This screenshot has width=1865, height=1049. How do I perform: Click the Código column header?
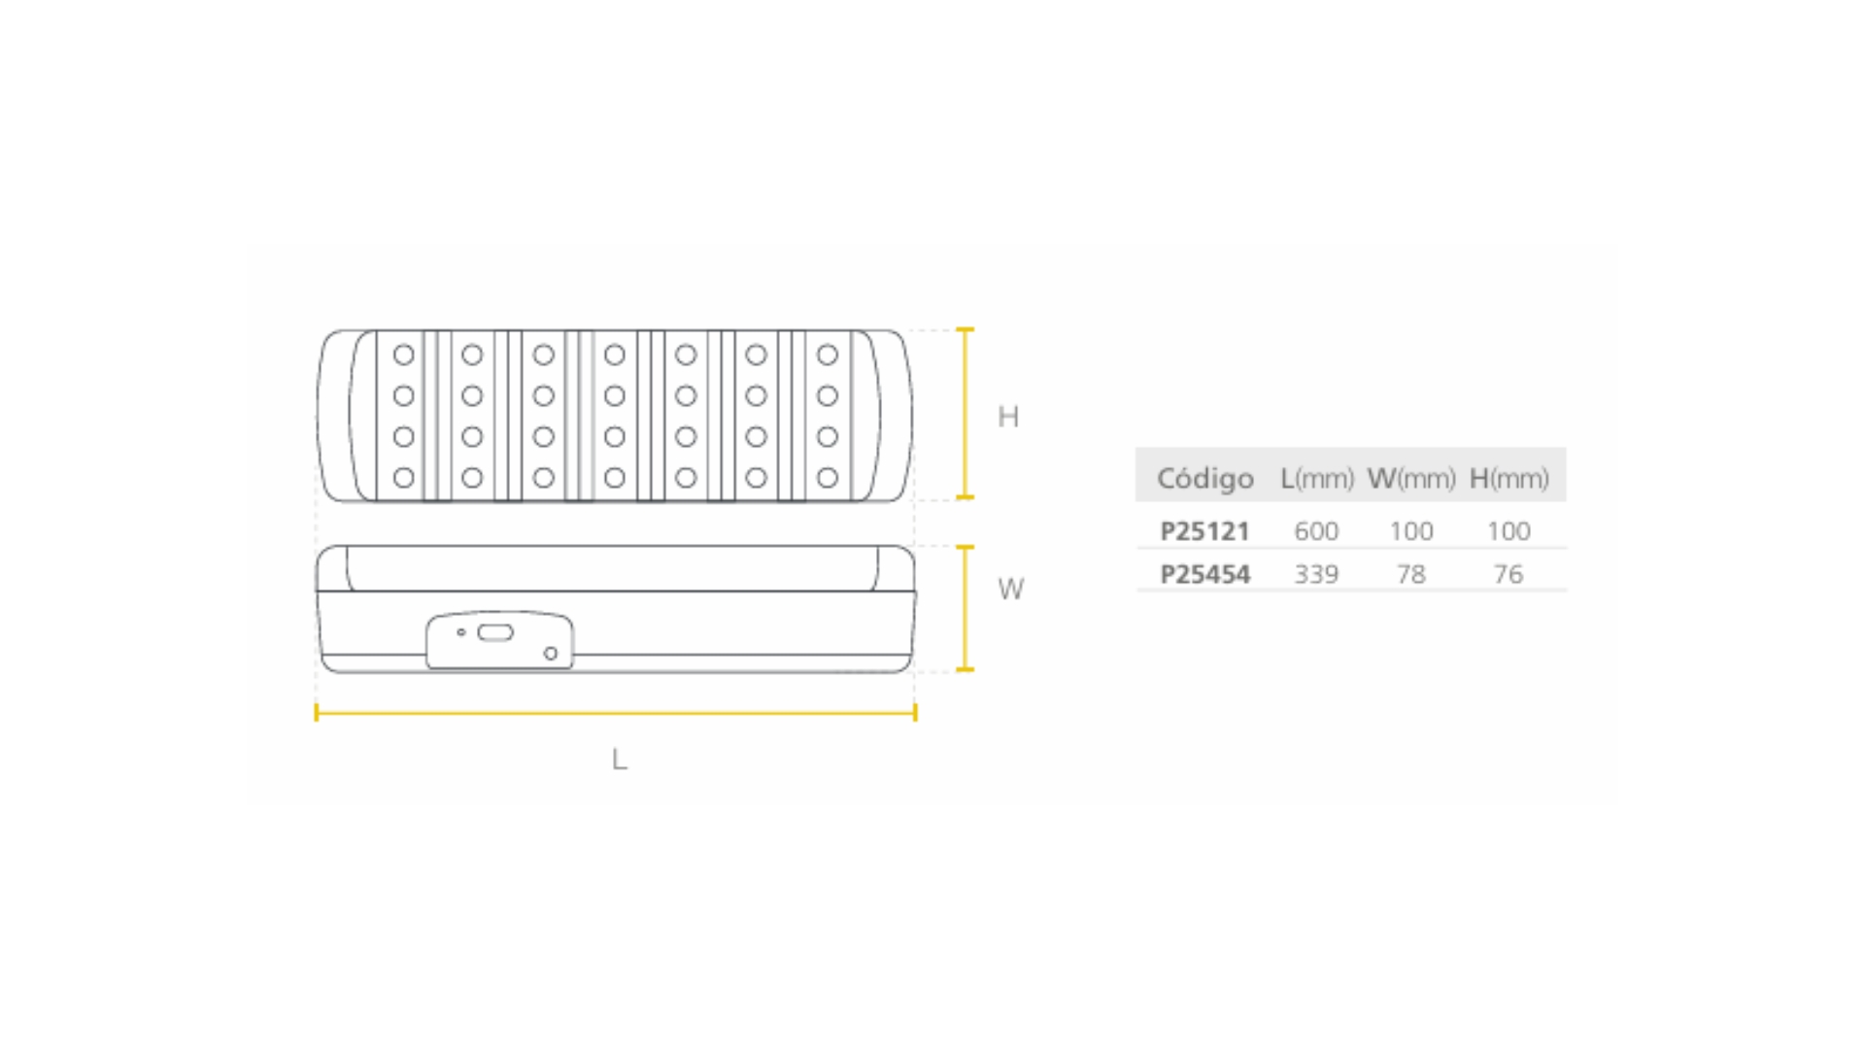click(1204, 478)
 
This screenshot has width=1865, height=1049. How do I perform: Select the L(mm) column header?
click(1317, 478)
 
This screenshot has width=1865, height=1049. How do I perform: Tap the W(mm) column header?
click(1411, 478)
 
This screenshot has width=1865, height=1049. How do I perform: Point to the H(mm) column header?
click(1509, 478)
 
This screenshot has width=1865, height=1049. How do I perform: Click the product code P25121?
click(1204, 531)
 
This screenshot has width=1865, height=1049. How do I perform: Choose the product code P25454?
click(1204, 574)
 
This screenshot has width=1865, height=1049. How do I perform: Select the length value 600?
click(1316, 531)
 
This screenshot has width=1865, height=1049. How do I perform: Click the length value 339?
click(1316, 574)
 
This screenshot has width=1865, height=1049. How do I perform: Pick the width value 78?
click(1411, 574)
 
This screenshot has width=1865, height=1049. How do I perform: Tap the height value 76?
click(1509, 574)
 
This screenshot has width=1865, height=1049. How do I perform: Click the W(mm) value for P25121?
click(1411, 531)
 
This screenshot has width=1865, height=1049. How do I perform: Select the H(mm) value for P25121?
click(1509, 531)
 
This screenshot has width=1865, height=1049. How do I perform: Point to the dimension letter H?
click(1008, 417)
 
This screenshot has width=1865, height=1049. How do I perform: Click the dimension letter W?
click(1010, 589)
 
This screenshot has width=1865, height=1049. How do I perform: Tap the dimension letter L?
click(619, 759)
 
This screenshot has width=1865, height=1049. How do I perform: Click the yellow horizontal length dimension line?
click(616, 713)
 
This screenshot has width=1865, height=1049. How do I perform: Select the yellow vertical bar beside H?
click(965, 414)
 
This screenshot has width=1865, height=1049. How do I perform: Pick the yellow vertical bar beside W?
click(965, 608)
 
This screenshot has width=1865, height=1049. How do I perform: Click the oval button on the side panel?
click(495, 633)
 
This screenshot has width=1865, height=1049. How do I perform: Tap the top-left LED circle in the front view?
click(404, 355)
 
